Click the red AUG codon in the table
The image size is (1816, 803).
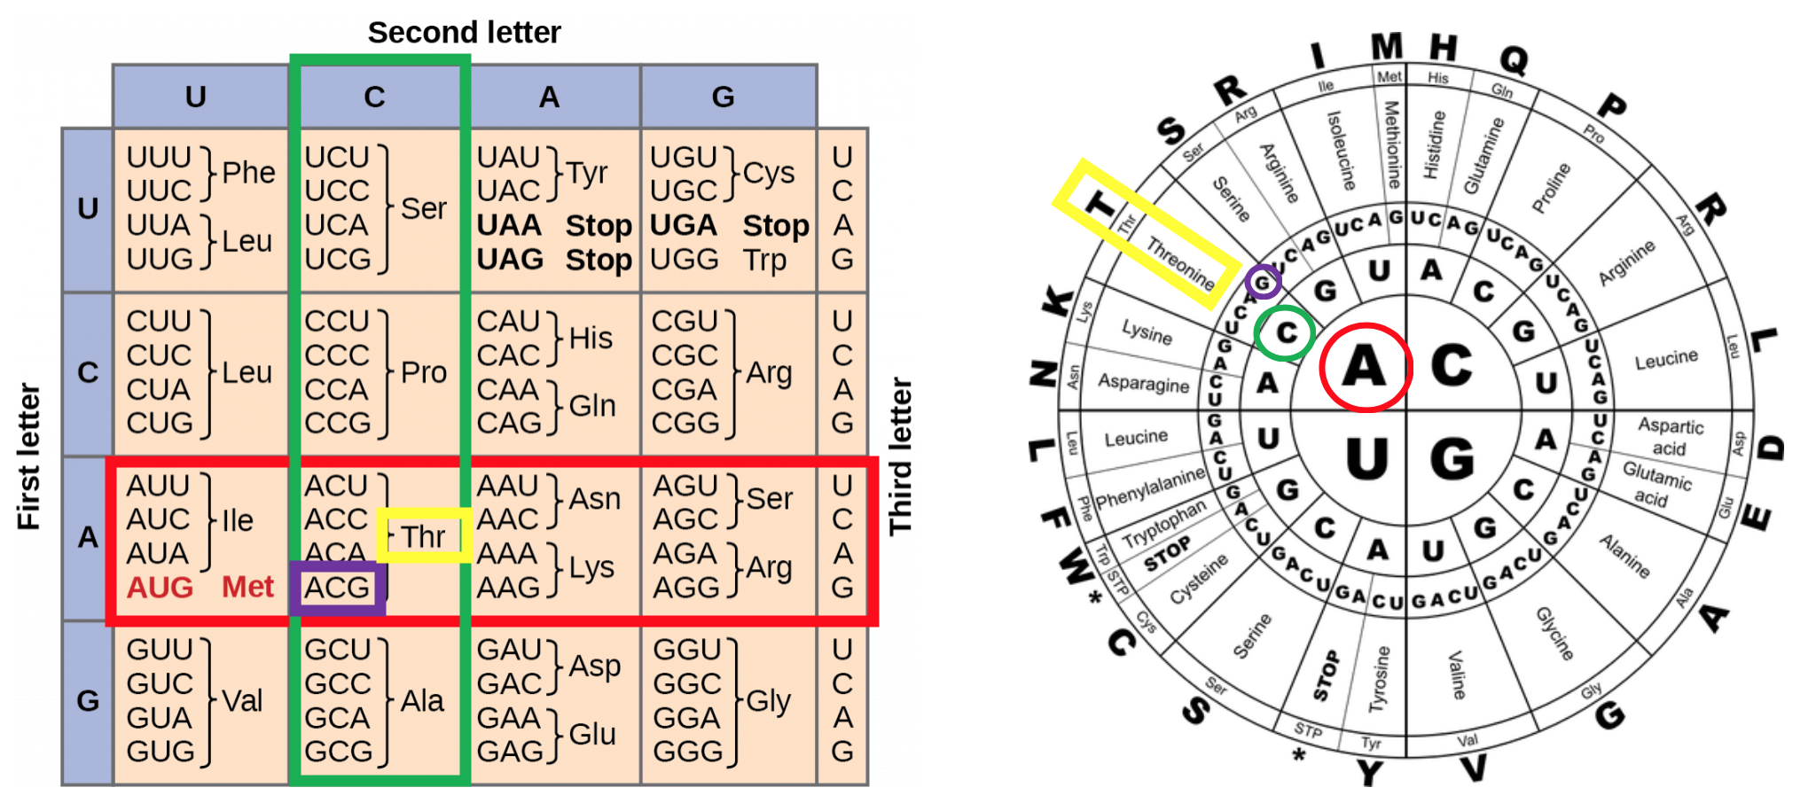(x=160, y=588)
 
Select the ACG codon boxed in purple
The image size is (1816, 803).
(x=337, y=588)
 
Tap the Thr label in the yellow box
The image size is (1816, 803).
(x=423, y=536)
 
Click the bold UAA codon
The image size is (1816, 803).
(x=509, y=225)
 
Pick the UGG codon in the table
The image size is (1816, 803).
(x=684, y=260)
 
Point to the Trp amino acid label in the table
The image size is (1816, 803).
(x=764, y=260)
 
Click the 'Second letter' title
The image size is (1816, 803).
(x=464, y=33)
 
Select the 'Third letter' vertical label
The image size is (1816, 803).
(x=900, y=456)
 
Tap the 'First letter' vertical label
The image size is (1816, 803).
(x=29, y=456)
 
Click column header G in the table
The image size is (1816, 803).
(x=723, y=97)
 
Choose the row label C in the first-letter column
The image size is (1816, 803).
(x=88, y=372)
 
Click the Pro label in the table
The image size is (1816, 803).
(x=423, y=372)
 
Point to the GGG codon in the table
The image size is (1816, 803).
(x=687, y=752)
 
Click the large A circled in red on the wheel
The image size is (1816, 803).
(x=1364, y=366)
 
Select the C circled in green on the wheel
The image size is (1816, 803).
(x=1286, y=333)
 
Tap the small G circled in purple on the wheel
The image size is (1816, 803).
(x=1262, y=283)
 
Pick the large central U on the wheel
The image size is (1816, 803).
(x=1366, y=458)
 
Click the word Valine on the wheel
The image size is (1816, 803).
(x=1456, y=674)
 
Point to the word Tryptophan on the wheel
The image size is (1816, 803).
(x=1163, y=525)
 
